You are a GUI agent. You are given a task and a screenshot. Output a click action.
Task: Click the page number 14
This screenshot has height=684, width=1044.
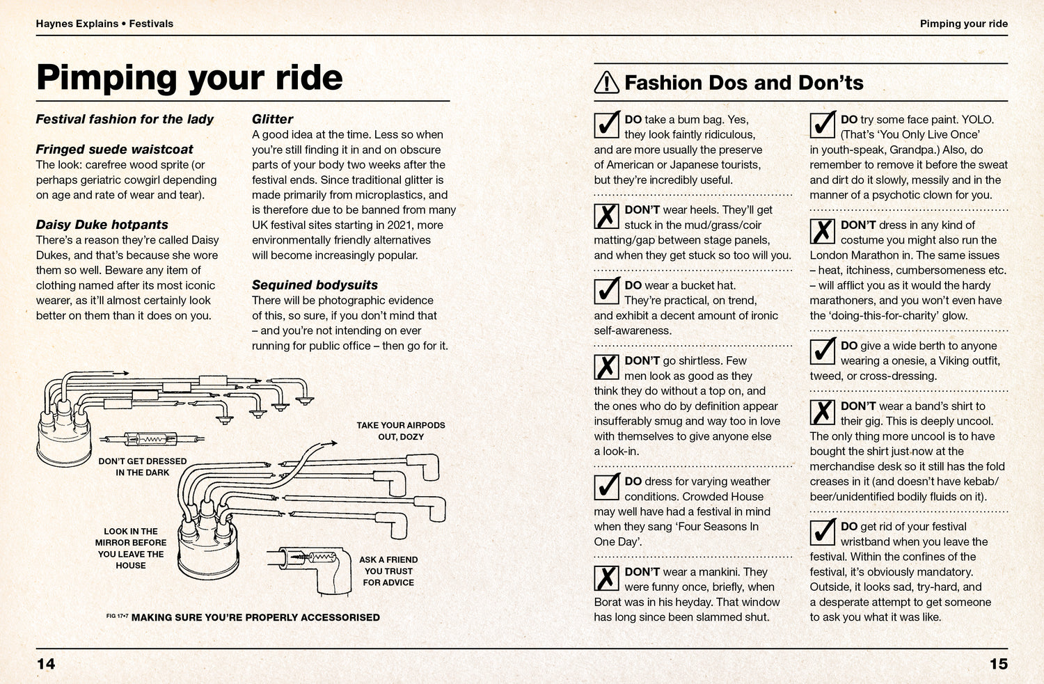(x=45, y=664)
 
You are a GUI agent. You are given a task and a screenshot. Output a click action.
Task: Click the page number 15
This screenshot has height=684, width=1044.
(x=998, y=664)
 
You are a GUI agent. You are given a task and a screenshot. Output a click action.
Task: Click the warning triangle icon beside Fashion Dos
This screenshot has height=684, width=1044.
(x=606, y=83)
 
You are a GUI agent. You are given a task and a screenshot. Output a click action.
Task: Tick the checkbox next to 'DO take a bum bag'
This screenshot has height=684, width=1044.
(x=607, y=125)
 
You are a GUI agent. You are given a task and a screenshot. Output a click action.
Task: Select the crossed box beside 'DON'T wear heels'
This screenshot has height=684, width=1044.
(x=607, y=215)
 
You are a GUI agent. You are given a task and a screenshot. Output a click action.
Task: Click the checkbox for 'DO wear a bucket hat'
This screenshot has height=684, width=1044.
(x=607, y=291)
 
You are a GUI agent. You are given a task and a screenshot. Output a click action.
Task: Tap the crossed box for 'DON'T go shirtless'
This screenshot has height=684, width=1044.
(x=607, y=367)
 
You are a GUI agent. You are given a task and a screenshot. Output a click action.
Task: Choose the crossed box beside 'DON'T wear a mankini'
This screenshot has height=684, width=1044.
(x=607, y=578)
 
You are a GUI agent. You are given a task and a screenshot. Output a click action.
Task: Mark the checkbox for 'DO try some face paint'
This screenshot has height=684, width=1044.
(x=823, y=125)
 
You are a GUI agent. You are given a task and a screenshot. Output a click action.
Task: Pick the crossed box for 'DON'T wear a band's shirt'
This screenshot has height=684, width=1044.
(x=823, y=412)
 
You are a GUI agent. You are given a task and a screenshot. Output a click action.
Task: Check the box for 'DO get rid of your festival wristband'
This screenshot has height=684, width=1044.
(x=823, y=532)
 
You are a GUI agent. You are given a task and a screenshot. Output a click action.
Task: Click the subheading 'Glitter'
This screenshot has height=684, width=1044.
(x=272, y=119)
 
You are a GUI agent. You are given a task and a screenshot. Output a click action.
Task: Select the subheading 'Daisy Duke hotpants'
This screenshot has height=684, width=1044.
(x=102, y=225)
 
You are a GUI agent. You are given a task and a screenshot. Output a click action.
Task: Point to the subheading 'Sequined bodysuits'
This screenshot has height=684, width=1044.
(x=315, y=285)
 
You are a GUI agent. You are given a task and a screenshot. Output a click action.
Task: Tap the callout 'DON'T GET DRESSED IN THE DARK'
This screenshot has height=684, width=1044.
(x=142, y=467)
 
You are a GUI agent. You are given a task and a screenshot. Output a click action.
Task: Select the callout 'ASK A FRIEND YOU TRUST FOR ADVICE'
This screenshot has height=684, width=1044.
(x=388, y=571)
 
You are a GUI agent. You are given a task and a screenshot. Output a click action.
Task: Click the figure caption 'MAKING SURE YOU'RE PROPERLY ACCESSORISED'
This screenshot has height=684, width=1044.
(x=255, y=617)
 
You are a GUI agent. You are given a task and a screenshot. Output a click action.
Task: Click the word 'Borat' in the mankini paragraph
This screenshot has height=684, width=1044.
(x=609, y=602)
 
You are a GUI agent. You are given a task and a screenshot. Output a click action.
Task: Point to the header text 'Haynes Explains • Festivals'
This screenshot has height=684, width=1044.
(x=104, y=24)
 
